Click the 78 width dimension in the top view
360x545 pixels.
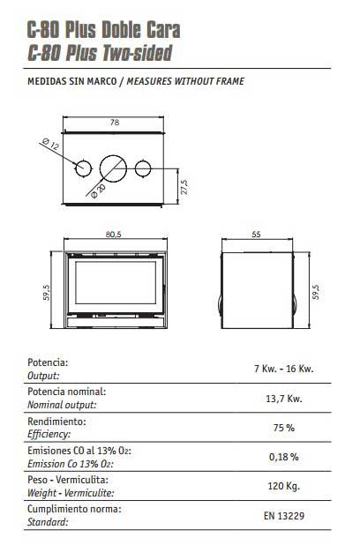[115, 123]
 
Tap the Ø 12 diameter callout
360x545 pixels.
[50, 145]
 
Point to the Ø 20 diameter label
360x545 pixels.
[98, 191]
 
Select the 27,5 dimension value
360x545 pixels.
[184, 187]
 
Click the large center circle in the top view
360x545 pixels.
[113, 168]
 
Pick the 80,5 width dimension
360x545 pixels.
[114, 235]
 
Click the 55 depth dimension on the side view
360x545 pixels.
[256, 235]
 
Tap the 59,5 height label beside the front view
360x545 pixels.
[46, 292]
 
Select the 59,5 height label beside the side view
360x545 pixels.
[316, 292]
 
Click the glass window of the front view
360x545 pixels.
[116, 283]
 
